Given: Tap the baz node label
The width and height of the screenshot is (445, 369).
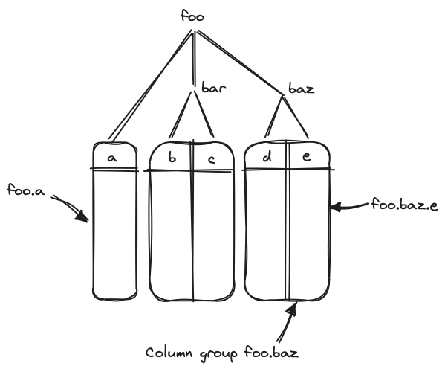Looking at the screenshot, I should (301, 89).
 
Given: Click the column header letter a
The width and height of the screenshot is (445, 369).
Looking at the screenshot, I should (112, 158).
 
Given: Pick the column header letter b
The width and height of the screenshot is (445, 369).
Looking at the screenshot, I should (172, 158).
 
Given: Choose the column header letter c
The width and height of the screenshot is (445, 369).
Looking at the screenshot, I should (212, 158).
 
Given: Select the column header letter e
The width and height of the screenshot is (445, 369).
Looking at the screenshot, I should (306, 158).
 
